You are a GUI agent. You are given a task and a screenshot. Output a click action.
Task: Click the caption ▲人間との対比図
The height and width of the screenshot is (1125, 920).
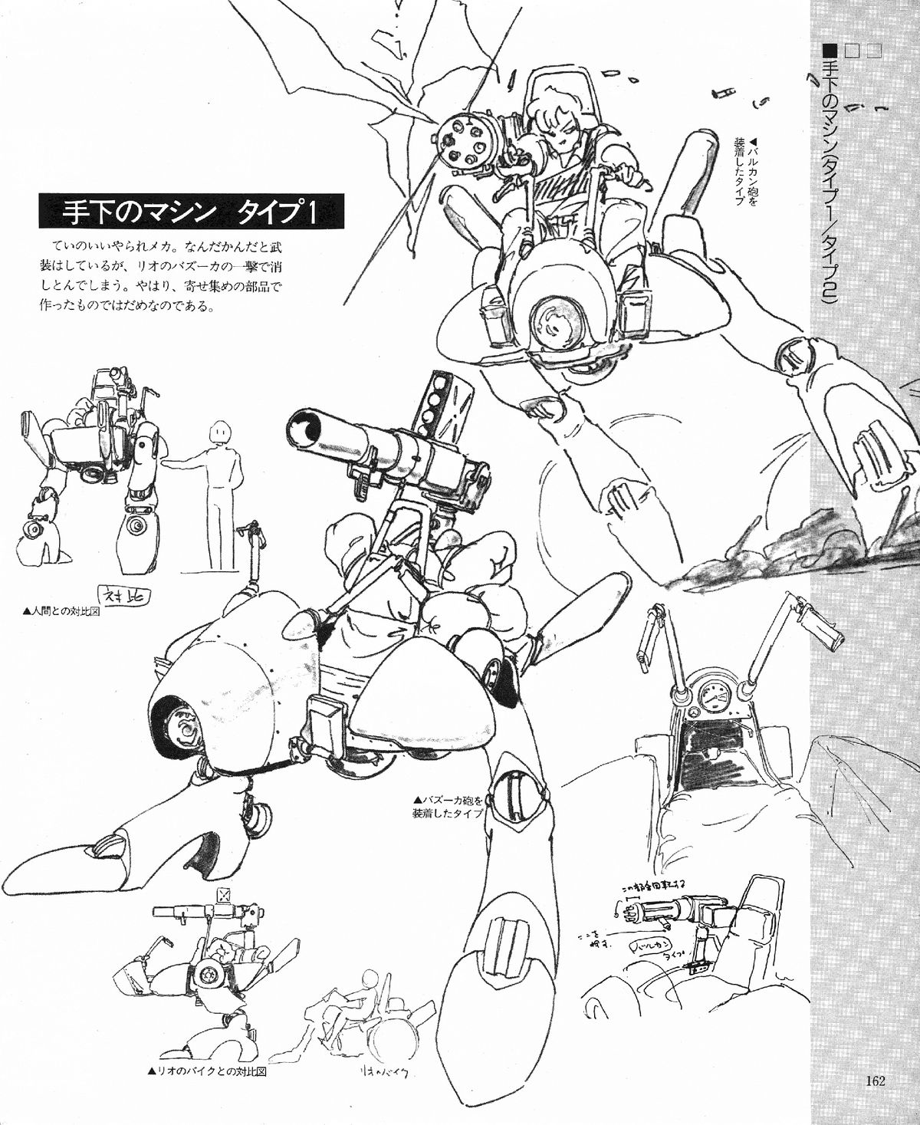[x=64, y=612]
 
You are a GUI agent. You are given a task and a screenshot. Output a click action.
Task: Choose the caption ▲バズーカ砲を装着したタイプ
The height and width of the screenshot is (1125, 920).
[x=446, y=806]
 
